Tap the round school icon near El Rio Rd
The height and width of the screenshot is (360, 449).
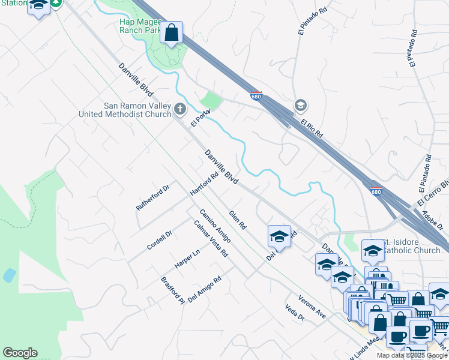point(301,106)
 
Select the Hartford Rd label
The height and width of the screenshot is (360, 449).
point(203,184)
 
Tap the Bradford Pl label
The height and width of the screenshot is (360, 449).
point(172,291)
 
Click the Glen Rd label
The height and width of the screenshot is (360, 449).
point(238,220)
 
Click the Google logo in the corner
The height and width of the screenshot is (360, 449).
point(20,353)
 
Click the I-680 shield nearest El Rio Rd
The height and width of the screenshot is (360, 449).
point(256,96)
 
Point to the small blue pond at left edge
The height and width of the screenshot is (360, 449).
point(8,275)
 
